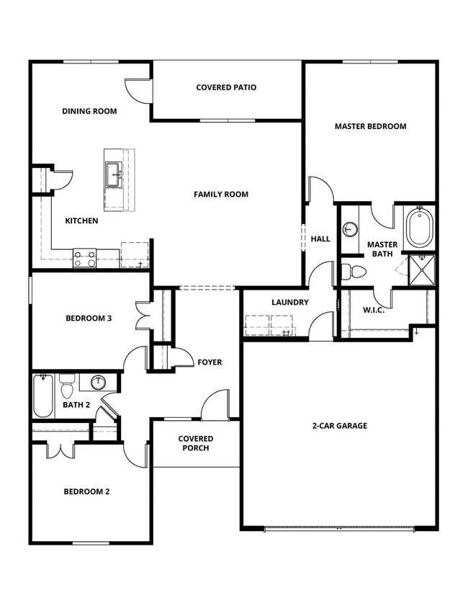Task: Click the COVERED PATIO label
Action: [226, 88]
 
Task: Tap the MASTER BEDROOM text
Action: [370, 126]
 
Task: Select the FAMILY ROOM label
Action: [220, 195]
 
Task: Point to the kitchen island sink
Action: [114, 174]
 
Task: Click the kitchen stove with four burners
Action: [85, 258]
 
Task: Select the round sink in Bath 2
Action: [100, 382]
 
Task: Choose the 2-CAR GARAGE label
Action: [339, 426]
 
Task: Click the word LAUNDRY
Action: [290, 303]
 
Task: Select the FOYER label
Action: [210, 362]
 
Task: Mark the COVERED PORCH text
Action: [196, 443]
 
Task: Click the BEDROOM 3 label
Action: [88, 318]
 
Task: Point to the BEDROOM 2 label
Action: [86, 492]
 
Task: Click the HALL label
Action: [320, 239]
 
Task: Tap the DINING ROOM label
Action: [89, 112]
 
